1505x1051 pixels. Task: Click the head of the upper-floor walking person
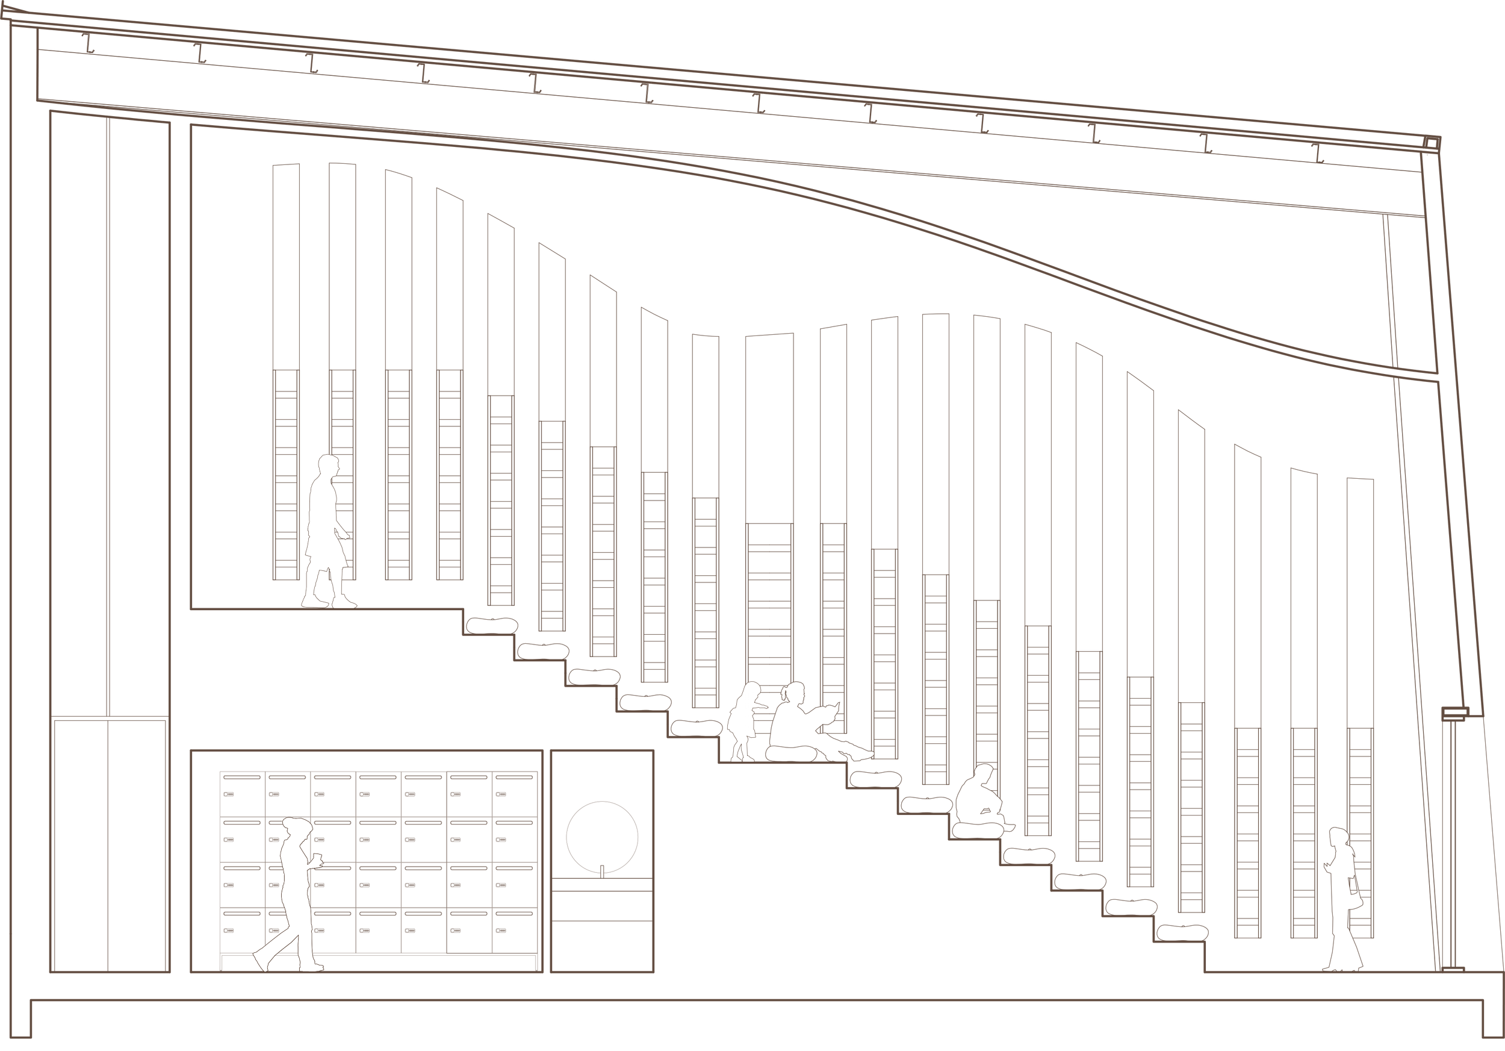[327, 467]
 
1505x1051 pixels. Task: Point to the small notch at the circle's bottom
[601, 869]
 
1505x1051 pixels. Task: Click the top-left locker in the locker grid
[243, 793]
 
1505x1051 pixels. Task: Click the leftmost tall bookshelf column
[285, 373]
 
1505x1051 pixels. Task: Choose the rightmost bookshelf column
[1360, 708]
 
